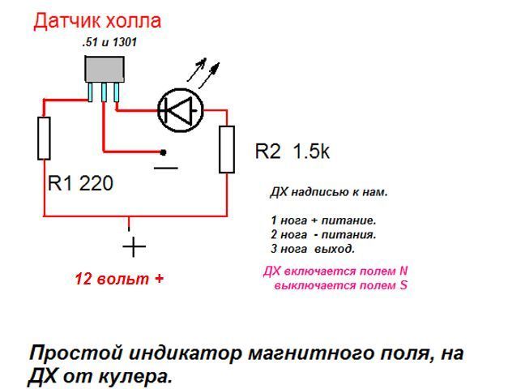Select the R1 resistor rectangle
[x=44, y=138]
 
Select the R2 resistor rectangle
[x=227, y=148]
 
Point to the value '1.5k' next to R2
[x=311, y=152]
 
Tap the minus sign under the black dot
[x=165, y=168]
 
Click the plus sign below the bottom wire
[x=134, y=245]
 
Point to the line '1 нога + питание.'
[x=323, y=220]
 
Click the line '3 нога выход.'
[x=313, y=248]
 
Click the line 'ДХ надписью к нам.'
[x=328, y=193]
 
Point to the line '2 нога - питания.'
[x=323, y=234]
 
